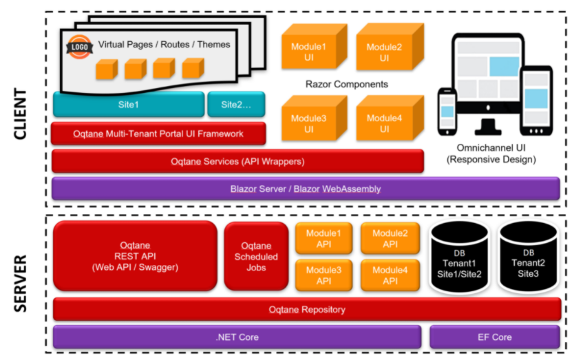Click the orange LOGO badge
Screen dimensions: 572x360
click(80, 47)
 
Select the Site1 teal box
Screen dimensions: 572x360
click(129, 105)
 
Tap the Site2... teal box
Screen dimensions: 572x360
click(236, 105)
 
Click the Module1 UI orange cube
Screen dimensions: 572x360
click(314, 46)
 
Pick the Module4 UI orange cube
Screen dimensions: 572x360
click(390, 118)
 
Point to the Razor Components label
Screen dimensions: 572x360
click(346, 84)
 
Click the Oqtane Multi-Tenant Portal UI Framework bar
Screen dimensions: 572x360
click(158, 134)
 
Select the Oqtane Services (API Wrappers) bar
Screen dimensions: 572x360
click(237, 161)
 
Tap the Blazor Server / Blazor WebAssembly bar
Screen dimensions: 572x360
click(306, 189)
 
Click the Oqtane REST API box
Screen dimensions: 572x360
click(135, 256)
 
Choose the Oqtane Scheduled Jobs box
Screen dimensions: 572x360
click(256, 257)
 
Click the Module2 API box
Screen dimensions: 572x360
click(390, 239)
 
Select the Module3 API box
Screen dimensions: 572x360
click(324, 275)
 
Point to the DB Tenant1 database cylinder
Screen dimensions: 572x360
click(459, 257)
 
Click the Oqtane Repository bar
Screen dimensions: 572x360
click(307, 309)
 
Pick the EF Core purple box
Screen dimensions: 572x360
click(495, 337)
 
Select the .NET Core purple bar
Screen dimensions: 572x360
click(237, 337)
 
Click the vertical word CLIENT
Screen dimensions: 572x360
click(21, 114)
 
